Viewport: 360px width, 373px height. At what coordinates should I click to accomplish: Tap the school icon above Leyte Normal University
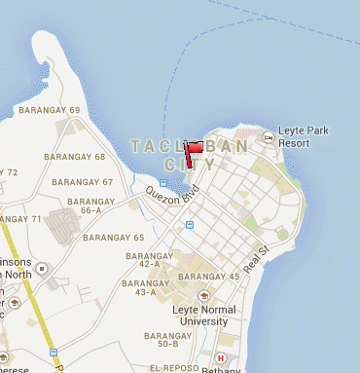pos(202,295)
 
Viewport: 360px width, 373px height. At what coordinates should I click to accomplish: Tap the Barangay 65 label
pos(113,238)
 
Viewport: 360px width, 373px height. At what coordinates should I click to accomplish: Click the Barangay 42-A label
pos(144,259)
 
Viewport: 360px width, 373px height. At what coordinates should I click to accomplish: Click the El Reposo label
pos(169,369)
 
